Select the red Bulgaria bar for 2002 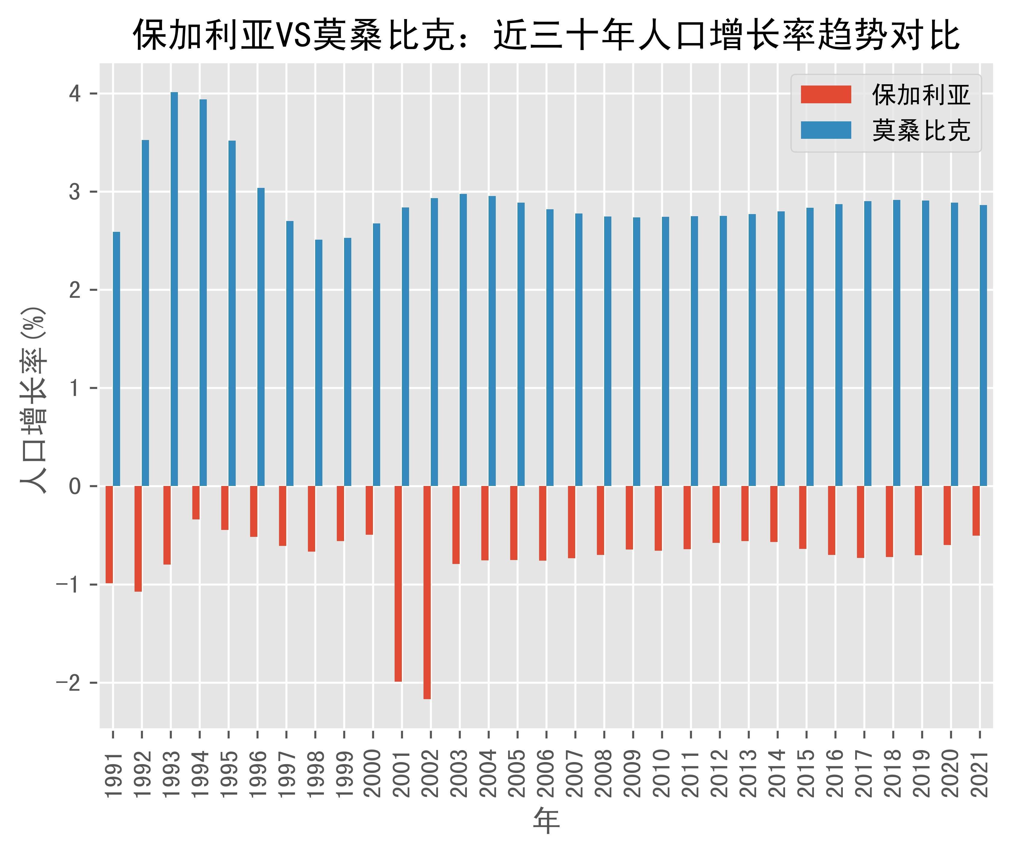click(x=427, y=592)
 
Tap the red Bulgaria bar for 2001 click(x=398, y=584)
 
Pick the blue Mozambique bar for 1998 click(x=319, y=363)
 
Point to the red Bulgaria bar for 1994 click(x=196, y=503)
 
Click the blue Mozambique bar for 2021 click(x=983, y=345)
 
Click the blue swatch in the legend click(x=826, y=130)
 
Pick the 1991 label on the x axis click(x=113, y=774)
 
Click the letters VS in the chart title click(x=293, y=35)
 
